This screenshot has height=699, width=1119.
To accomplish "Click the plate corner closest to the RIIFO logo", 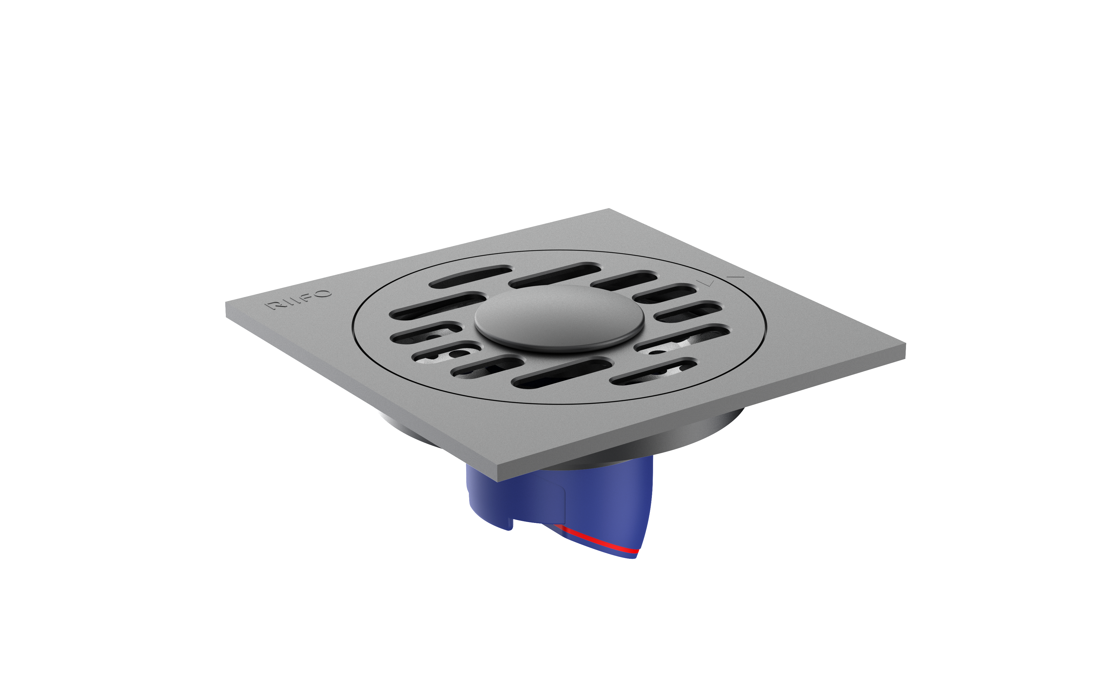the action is click(x=226, y=303).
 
